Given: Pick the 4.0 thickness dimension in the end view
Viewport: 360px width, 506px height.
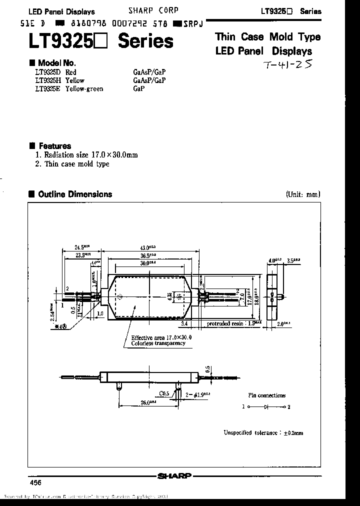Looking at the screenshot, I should click(x=272, y=260).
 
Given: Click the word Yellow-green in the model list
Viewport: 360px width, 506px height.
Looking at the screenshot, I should click(x=84, y=88).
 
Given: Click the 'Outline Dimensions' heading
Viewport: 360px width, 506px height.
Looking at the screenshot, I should click(x=75, y=194).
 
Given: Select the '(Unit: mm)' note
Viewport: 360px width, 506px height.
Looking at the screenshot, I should click(x=303, y=194).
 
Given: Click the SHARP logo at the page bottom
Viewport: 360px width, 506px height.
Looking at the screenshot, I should click(x=174, y=476).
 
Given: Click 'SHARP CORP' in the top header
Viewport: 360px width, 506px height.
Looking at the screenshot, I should click(x=153, y=10).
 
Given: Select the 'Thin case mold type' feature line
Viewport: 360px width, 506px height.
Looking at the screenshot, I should click(x=76, y=163).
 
